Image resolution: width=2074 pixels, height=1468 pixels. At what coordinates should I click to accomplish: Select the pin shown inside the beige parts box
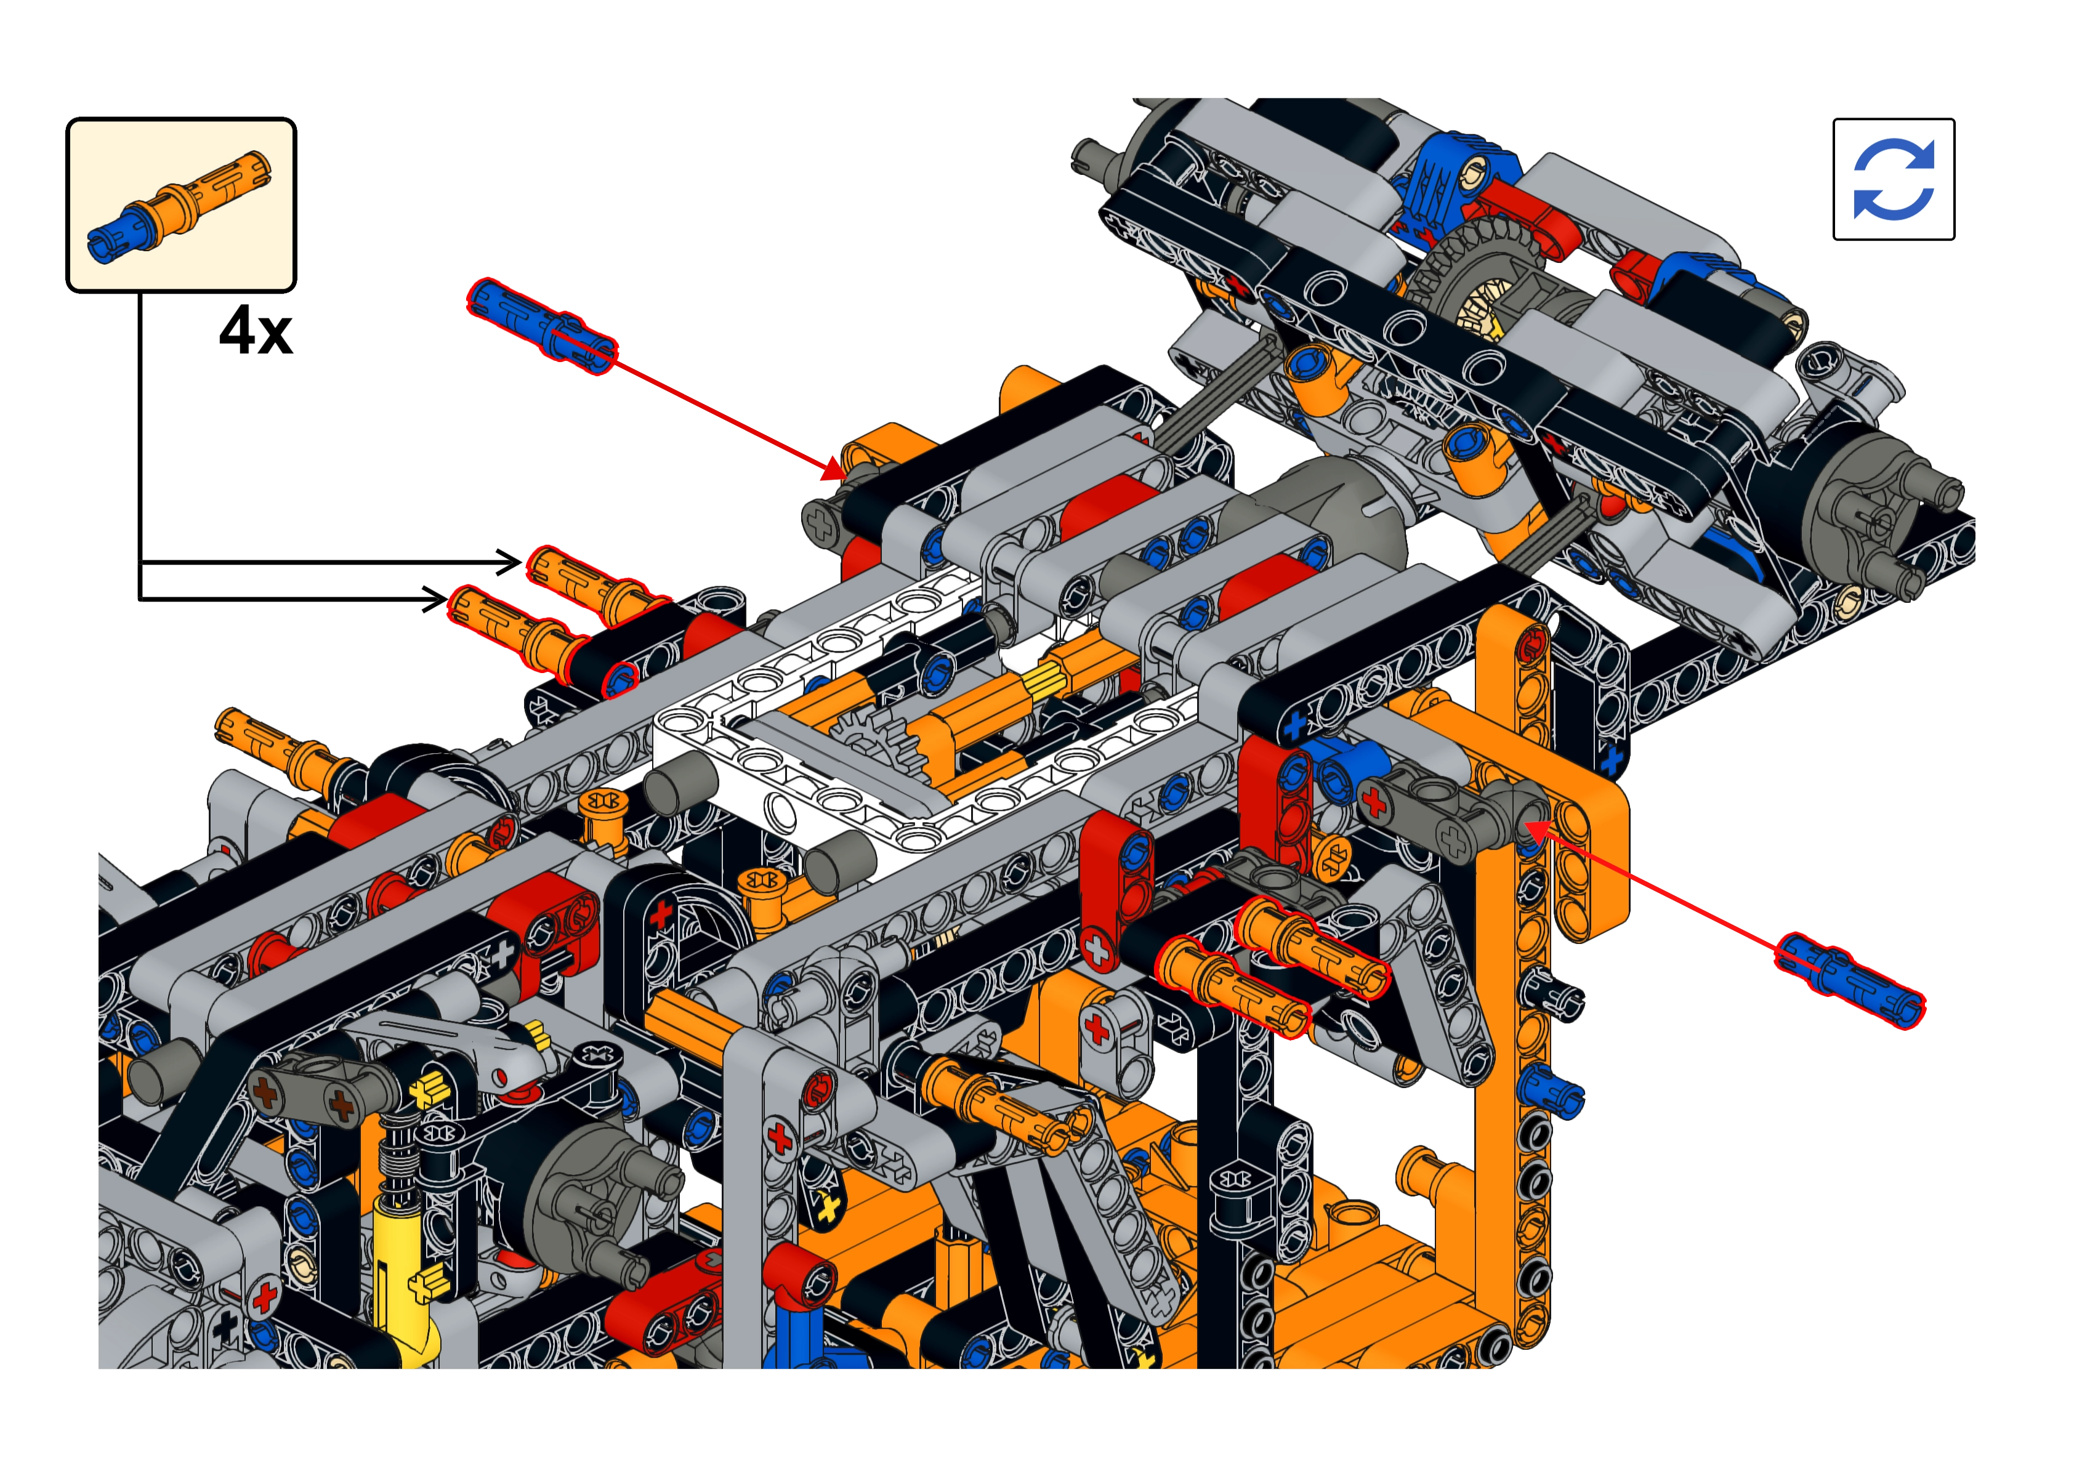(x=179, y=207)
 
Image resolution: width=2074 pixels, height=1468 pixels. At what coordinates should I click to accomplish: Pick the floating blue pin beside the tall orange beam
(x=1850, y=982)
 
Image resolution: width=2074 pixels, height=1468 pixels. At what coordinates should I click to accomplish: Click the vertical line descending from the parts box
(x=140, y=446)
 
